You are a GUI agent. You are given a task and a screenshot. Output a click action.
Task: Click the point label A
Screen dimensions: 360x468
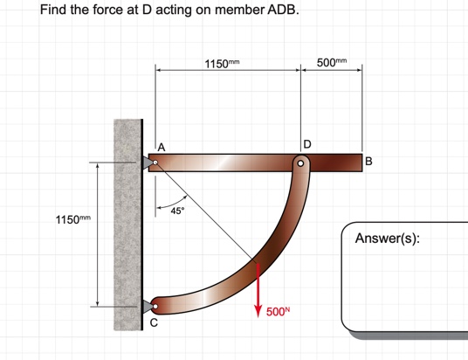click(x=162, y=146)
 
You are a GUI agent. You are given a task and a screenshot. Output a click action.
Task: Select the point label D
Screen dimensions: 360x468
click(x=306, y=143)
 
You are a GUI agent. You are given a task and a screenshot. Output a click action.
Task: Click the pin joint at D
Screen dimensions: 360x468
click(x=300, y=163)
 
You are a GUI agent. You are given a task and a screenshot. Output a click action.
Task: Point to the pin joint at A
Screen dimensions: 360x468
click(x=155, y=163)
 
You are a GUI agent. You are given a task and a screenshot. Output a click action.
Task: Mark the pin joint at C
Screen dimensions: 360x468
click(x=155, y=306)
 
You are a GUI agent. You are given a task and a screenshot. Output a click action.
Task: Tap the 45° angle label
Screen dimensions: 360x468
click(x=177, y=211)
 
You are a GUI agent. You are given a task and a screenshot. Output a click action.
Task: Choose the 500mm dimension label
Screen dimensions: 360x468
click(x=331, y=64)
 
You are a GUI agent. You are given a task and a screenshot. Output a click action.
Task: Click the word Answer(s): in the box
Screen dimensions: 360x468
click(x=388, y=239)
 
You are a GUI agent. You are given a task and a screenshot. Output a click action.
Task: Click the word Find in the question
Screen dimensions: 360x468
click(x=55, y=12)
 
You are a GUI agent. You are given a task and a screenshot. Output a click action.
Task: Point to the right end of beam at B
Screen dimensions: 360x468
click(x=359, y=163)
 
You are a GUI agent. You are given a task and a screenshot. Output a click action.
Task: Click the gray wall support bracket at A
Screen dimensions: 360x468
click(x=146, y=163)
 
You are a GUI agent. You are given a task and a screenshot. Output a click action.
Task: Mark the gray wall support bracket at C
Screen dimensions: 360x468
click(x=146, y=306)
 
